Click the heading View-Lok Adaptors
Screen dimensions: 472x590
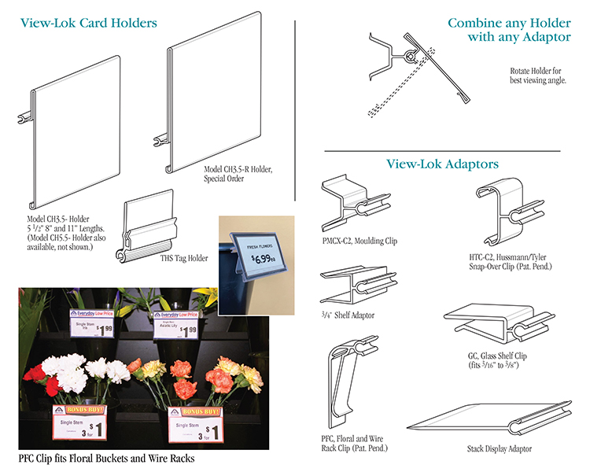click(x=442, y=164)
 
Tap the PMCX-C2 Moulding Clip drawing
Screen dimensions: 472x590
click(x=353, y=205)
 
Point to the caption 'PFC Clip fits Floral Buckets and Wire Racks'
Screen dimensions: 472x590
click(x=106, y=458)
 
